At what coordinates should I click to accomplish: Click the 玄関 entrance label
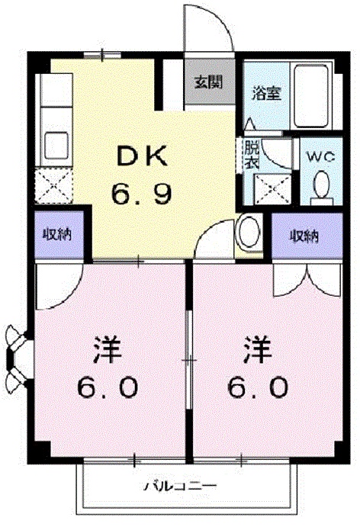coord(208,82)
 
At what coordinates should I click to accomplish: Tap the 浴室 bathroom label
coord(267,93)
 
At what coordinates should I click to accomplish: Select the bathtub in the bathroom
coord(311,95)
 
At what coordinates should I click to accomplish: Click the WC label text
coord(321,156)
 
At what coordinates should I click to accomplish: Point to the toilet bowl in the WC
coord(321,185)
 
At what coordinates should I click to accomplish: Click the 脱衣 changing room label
coord(252,155)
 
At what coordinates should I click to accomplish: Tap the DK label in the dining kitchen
coord(143,156)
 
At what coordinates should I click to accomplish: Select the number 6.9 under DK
coord(143,194)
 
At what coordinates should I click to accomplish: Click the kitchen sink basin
coord(56,145)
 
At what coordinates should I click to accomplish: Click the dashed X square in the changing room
coord(273,189)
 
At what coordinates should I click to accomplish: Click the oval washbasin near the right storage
coord(249,233)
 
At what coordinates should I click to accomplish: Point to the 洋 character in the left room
coord(108,349)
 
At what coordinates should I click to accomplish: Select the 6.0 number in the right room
coord(259,387)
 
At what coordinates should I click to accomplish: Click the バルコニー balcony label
coord(180,486)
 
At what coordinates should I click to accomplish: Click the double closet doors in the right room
coord(307,280)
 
